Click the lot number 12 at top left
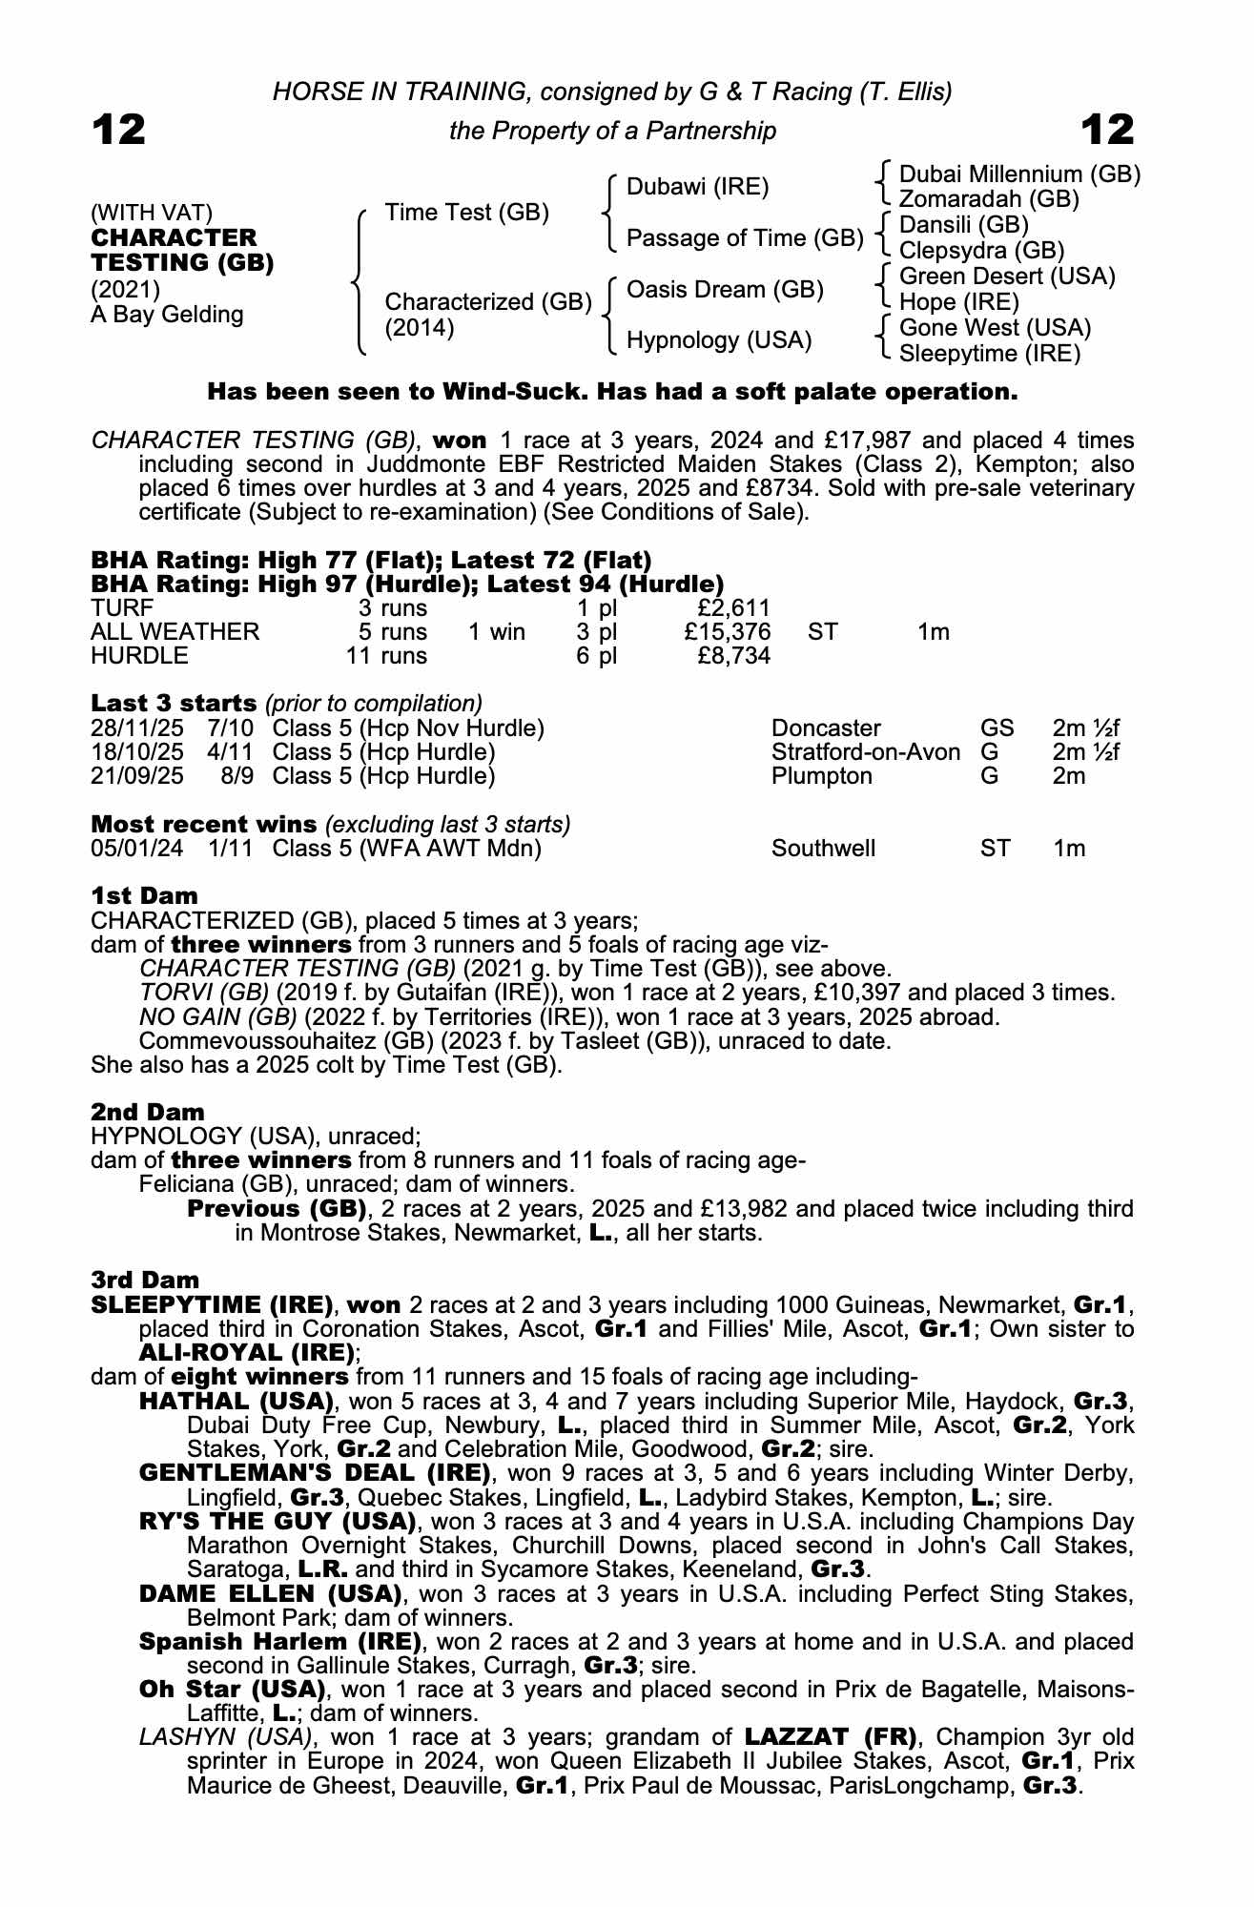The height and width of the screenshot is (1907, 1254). tap(118, 130)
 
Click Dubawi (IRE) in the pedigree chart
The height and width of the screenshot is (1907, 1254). tap(697, 187)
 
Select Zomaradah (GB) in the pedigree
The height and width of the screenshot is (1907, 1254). tap(989, 199)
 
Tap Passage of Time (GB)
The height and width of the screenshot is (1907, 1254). tap(744, 238)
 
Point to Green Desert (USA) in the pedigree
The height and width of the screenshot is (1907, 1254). tap(1007, 277)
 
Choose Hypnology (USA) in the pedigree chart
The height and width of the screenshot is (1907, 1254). tap(718, 340)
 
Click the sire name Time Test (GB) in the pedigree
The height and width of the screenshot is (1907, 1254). tap(466, 213)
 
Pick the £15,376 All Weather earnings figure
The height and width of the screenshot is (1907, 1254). tap(728, 632)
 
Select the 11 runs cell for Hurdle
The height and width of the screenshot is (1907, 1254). tap(386, 656)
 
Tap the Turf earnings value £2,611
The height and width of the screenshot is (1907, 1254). tap(733, 608)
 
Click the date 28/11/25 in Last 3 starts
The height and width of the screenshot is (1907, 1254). tap(136, 728)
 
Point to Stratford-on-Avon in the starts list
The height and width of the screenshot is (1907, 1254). tap(865, 752)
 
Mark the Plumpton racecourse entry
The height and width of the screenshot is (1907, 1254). tap(821, 776)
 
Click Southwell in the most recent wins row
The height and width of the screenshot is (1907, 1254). tap(823, 849)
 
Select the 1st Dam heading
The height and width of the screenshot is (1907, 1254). tap(144, 896)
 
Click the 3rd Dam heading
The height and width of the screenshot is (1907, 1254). tap(145, 1281)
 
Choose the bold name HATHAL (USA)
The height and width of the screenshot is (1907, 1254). tap(236, 1402)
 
